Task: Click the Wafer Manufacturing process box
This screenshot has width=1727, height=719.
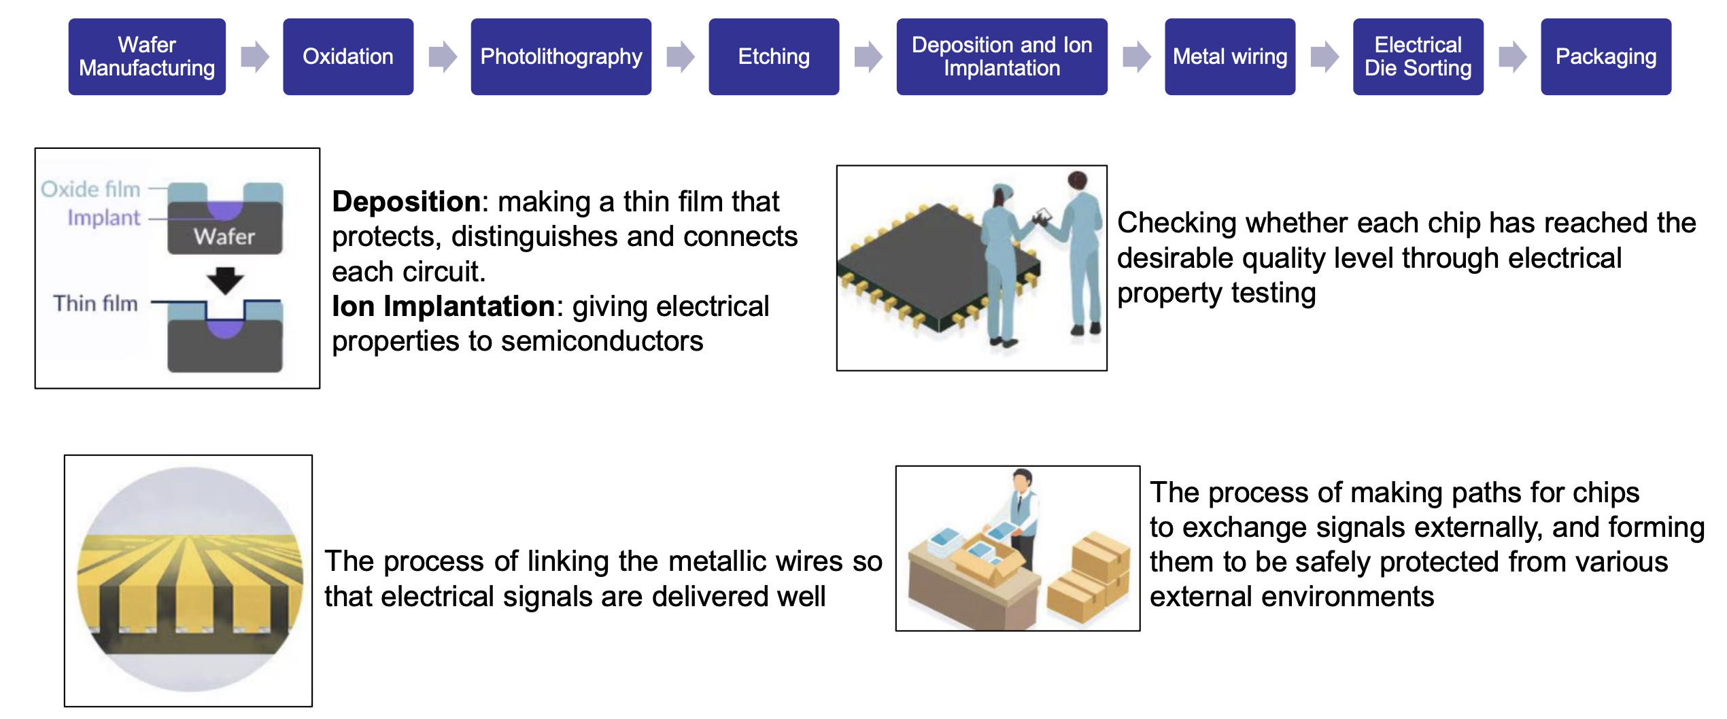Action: [x=147, y=56]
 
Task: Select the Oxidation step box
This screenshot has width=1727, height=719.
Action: [x=348, y=56]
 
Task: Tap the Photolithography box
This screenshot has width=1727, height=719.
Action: [x=561, y=56]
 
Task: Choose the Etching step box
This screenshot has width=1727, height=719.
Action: [x=774, y=56]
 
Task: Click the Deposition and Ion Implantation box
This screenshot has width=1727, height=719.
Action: [x=1002, y=56]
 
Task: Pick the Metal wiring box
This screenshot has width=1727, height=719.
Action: [x=1230, y=56]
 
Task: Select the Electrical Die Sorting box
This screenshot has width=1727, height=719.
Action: [x=1418, y=56]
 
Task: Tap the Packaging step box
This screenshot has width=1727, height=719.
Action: [x=1606, y=56]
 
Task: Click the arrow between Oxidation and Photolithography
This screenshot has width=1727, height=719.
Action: [x=443, y=56]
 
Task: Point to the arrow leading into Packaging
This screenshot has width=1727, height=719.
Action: [x=1513, y=56]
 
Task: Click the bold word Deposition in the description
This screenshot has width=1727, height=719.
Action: [x=407, y=202]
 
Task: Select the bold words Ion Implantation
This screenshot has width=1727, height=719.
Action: [x=443, y=306]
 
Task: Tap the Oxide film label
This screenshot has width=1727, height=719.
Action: [x=90, y=189]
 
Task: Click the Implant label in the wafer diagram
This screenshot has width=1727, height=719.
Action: [x=103, y=217]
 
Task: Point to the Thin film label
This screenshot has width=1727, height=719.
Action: [x=95, y=303]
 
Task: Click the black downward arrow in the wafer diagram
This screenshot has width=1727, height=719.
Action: [x=225, y=279]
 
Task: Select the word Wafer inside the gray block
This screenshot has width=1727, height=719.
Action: [x=224, y=236]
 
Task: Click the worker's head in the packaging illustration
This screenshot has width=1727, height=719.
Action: [x=1021, y=480]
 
